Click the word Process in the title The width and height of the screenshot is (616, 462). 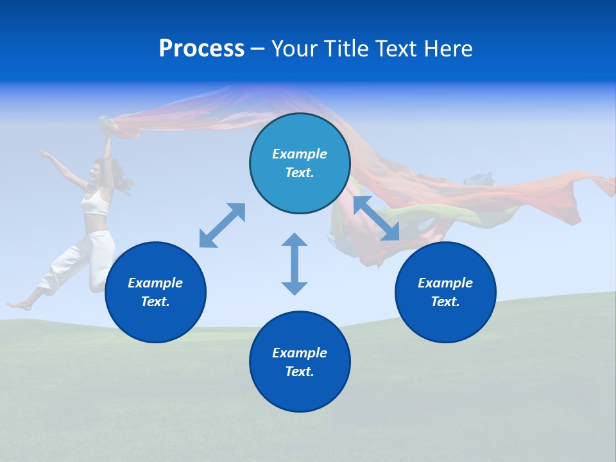point(201,49)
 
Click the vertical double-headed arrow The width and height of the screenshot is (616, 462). point(295,264)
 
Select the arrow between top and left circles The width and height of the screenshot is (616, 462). point(222,225)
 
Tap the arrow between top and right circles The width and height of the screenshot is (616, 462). point(376,218)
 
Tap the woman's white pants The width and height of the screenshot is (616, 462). point(83,260)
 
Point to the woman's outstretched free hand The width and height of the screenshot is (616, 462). point(43,153)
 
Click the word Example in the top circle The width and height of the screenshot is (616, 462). point(300,154)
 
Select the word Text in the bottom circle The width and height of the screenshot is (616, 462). point(299,372)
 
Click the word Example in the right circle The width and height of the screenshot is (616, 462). point(445,283)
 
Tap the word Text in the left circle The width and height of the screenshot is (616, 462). point(155,302)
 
